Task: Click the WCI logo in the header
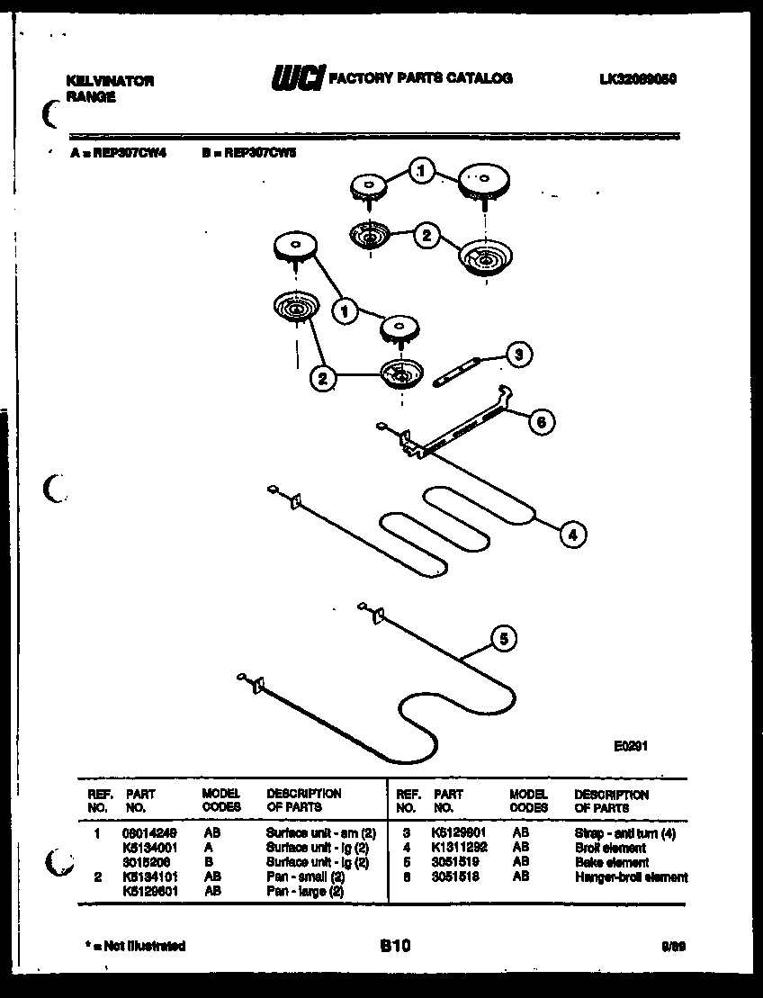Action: (x=297, y=80)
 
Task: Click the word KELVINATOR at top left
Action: (x=110, y=81)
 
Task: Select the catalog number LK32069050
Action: (x=637, y=79)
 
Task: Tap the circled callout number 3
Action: (x=516, y=355)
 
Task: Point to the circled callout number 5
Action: (x=503, y=640)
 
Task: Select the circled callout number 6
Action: (x=540, y=420)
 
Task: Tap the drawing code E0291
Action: (x=632, y=745)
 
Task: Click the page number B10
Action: (x=394, y=946)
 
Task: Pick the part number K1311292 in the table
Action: (x=460, y=848)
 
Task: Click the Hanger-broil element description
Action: (x=631, y=877)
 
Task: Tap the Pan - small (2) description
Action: (x=305, y=877)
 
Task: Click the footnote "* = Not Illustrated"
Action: (x=135, y=946)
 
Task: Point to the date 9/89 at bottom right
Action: (x=672, y=947)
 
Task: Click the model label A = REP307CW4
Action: (x=119, y=153)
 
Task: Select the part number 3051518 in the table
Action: (x=457, y=877)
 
